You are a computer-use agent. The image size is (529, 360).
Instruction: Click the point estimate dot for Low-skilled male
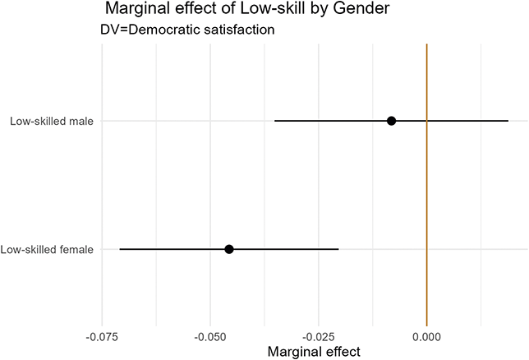point(392,121)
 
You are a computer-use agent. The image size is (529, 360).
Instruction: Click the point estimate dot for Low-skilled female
point(229,249)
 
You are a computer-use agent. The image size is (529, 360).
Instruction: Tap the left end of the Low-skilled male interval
point(275,121)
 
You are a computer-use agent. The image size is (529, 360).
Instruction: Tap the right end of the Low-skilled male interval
point(508,121)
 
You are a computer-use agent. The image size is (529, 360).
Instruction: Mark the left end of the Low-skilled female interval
point(120,249)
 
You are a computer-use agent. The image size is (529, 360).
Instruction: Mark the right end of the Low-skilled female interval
point(338,249)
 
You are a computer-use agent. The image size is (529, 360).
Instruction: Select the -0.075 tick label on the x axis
point(102,336)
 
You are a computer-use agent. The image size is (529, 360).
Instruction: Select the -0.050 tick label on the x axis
point(210,336)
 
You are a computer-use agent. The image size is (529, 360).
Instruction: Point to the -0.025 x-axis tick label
point(319,336)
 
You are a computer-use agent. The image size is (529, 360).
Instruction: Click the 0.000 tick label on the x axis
point(426,336)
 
